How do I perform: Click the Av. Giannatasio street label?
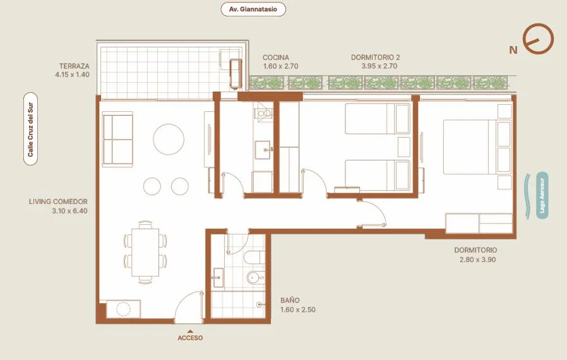[253, 9]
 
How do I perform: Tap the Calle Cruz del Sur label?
[30, 129]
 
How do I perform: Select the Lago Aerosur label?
[542, 196]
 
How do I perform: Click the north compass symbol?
[539, 39]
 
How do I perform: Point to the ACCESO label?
[190, 338]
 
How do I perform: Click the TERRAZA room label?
[74, 66]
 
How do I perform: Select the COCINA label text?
[276, 57]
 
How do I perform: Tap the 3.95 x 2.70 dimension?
[379, 66]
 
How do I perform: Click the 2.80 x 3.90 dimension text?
[478, 260]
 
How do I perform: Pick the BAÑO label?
[290, 300]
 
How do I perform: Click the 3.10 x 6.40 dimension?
[69, 211]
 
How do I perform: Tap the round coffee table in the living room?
[169, 140]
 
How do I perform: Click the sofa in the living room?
[117, 140]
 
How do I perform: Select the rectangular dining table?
[145, 252]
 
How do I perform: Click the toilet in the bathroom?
[254, 257]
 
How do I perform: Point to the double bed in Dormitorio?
[477, 147]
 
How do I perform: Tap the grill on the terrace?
[236, 74]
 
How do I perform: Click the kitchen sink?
[263, 150]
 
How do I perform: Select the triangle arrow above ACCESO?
[190, 331]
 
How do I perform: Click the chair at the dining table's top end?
[145, 224]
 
